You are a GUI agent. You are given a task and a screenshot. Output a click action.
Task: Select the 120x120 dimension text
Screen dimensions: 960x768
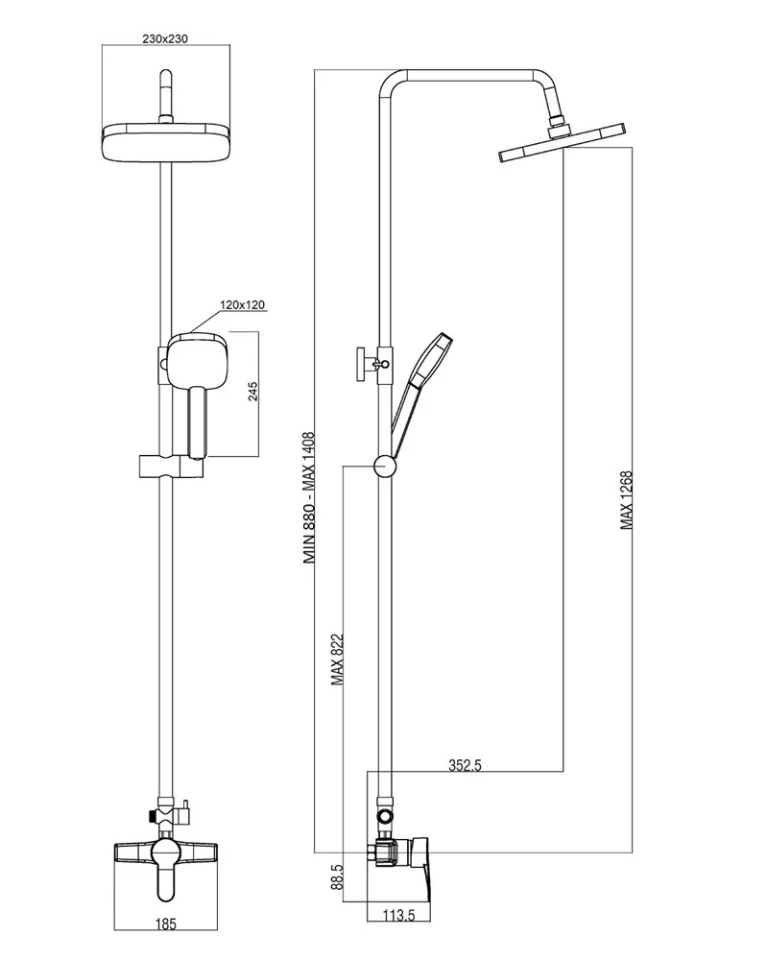242,305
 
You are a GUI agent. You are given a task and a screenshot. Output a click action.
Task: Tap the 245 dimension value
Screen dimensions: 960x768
253,393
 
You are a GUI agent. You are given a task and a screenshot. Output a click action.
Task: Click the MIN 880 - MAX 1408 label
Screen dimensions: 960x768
309,501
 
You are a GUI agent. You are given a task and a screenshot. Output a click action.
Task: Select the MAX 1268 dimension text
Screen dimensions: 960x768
626,499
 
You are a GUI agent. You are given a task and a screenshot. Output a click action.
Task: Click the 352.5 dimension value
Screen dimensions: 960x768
465,765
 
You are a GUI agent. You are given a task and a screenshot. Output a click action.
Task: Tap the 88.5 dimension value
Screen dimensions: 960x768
337,878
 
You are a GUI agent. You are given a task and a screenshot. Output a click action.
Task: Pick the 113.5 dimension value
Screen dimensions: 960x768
396,916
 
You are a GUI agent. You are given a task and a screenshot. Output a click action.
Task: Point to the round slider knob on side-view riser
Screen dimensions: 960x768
384,466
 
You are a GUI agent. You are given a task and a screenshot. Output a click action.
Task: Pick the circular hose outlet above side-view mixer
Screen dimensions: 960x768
385,816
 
